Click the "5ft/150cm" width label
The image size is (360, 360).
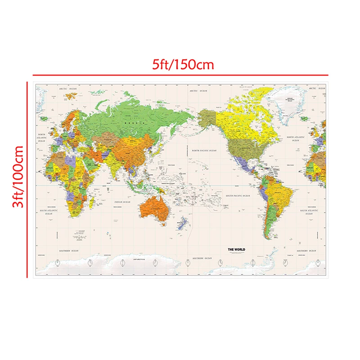point(182,64)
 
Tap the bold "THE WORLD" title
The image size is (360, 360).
point(236,249)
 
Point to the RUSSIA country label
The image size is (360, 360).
point(138,122)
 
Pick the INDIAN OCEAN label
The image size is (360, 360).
point(122,202)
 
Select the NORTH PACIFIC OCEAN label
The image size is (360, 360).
point(204,151)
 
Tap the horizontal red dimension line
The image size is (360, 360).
point(180,75)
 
